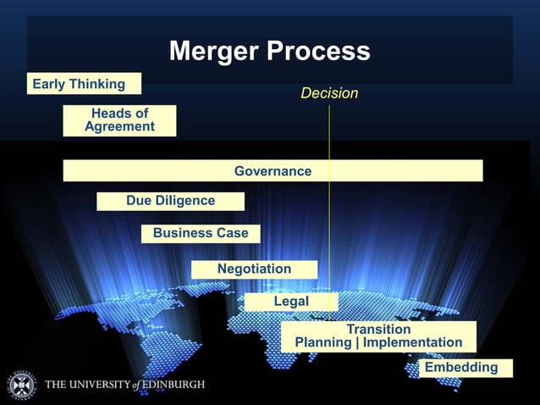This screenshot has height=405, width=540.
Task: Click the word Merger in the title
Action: point(213,52)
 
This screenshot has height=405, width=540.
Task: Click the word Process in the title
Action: point(319,52)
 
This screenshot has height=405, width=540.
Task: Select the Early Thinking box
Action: point(84,84)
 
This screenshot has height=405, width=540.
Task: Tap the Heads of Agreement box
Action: point(119,120)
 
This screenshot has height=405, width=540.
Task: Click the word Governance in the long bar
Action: point(273,171)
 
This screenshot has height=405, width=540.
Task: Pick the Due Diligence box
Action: point(170,201)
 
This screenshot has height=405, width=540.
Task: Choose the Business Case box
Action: point(201,233)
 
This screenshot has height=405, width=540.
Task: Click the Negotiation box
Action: point(254,269)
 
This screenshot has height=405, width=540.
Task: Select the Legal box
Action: point(291,302)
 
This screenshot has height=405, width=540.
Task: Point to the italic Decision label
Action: point(329,93)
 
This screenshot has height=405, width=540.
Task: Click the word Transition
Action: point(378,329)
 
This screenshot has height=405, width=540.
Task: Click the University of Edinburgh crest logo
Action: point(22,385)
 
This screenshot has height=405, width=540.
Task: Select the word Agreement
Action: point(119,127)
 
